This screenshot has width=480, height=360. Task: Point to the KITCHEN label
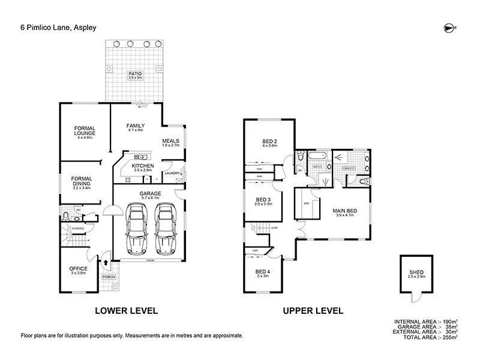click(143, 166)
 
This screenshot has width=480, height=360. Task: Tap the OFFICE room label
click(78, 269)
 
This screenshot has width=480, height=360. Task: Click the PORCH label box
click(109, 277)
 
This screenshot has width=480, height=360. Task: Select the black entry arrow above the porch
click(106, 262)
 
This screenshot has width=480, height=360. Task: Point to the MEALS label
click(171, 142)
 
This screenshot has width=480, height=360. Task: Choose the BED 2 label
click(268, 142)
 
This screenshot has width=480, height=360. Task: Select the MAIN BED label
click(345, 211)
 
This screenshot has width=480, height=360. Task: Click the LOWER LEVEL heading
click(127, 311)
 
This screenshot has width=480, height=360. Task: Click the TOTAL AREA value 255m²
click(449, 338)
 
